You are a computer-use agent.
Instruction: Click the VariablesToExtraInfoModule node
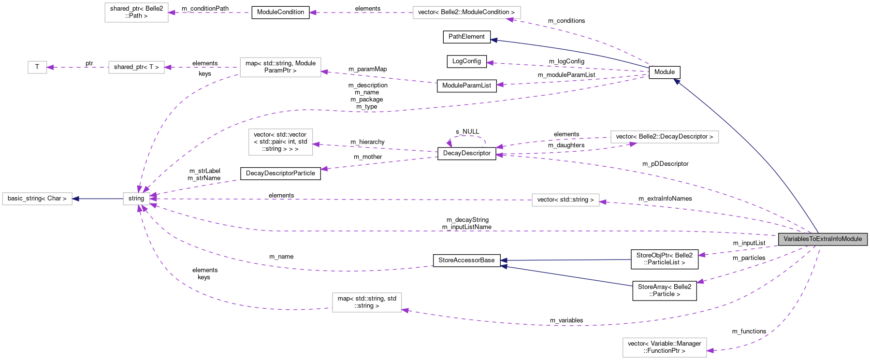point(822,239)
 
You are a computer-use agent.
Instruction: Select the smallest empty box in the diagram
point(37,67)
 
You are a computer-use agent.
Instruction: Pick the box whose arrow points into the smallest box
point(136,67)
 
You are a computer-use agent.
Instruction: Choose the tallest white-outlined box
point(280,142)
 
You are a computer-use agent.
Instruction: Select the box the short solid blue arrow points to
point(37,199)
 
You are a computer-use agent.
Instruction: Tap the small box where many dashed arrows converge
point(136,199)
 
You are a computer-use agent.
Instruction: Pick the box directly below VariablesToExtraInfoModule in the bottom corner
point(665,347)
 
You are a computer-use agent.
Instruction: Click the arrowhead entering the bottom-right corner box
point(710,350)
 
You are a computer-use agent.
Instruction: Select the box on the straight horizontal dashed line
point(565,200)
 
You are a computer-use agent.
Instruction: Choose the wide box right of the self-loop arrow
point(665,137)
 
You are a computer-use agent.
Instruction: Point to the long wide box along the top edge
point(466,13)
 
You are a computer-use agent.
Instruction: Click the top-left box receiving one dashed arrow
point(136,13)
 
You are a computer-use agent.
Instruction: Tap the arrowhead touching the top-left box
point(172,13)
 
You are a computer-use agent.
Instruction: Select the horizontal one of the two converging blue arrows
point(565,260)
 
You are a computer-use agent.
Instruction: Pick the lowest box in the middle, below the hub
point(367,302)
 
